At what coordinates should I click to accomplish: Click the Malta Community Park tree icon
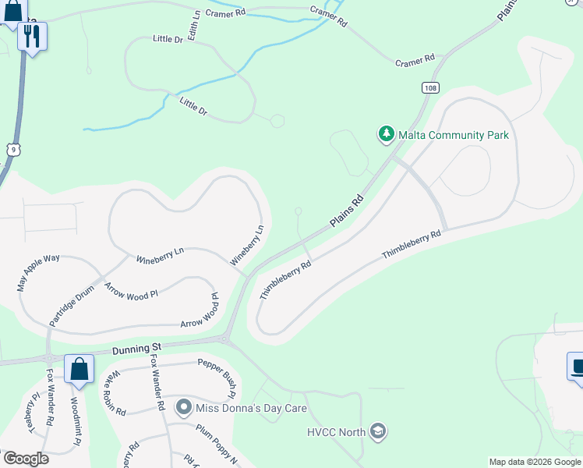tap(386, 135)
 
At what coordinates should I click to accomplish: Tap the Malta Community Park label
tap(454, 135)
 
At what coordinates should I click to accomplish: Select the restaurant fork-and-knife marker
tap(32, 36)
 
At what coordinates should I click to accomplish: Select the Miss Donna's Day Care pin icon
tap(184, 407)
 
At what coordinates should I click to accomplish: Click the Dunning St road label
tap(136, 348)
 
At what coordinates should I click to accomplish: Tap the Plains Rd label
tap(347, 211)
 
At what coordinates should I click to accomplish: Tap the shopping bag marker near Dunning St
tap(79, 368)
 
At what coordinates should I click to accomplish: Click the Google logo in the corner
tap(25, 459)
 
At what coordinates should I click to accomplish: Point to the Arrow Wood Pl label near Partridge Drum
tap(131, 292)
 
